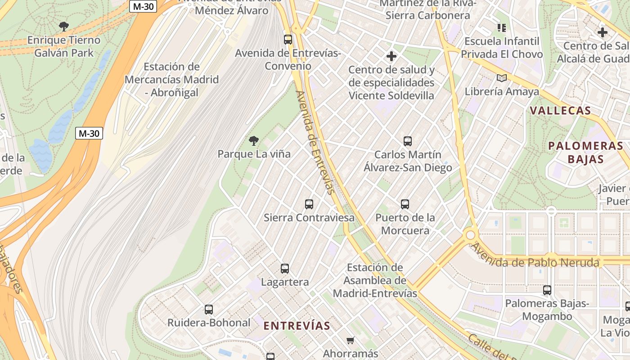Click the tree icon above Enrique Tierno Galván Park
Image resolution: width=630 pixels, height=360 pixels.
[64, 26]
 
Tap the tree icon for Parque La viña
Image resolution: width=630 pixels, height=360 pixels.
[254, 141]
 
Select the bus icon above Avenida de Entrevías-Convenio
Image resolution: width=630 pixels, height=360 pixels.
[288, 39]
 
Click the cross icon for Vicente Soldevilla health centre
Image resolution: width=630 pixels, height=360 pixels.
[391, 56]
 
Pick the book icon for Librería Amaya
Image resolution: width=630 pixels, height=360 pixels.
[502, 78]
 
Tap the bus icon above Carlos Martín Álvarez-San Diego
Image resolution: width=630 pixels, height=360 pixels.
[408, 141]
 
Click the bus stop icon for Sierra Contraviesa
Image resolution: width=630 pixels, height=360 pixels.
[309, 204]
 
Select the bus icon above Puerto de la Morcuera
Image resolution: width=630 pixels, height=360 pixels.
[405, 204]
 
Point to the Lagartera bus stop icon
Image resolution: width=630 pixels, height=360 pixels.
[285, 269]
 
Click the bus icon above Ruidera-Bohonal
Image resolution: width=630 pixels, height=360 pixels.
[209, 310]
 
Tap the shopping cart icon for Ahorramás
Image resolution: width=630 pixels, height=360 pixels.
[351, 340]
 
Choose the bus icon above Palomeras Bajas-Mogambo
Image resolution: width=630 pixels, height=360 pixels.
[547, 290]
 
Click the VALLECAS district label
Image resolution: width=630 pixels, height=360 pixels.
[560, 111]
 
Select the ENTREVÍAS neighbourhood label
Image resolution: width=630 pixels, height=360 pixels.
[297, 326]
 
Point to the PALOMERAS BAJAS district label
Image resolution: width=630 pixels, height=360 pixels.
[585, 152]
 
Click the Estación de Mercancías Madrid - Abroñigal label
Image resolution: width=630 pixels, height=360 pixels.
[171, 80]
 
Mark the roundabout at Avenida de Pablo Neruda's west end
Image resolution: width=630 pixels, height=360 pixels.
[471, 235]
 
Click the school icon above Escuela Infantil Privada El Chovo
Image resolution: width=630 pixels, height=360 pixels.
[502, 28]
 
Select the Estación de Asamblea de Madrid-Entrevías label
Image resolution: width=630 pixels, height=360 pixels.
[375, 280]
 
